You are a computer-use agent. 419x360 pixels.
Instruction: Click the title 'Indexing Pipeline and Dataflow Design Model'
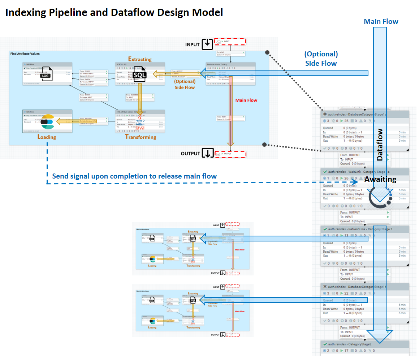click(x=114, y=13)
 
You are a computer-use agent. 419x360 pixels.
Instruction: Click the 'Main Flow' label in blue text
click(x=381, y=22)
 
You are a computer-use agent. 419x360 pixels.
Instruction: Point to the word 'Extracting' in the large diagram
click(x=140, y=59)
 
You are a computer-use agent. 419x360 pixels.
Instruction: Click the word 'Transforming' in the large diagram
click(x=141, y=137)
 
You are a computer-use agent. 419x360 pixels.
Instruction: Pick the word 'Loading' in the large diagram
click(x=47, y=137)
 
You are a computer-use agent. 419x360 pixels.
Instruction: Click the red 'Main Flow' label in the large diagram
click(x=246, y=100)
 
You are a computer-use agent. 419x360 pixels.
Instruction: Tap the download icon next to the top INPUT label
click(x=207, y=44)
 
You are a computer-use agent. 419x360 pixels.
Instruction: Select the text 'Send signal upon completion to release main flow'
click(x=134, y=176)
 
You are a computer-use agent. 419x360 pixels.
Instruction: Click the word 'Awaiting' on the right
click(x=380, y=180)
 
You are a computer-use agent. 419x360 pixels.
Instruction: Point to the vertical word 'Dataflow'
click(x=380, y=144)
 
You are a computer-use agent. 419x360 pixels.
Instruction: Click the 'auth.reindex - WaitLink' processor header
click(x=365, y=172)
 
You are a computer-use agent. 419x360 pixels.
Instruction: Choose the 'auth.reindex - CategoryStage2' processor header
click(x=365, y=344)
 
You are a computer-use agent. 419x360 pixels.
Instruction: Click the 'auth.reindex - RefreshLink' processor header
click(x=365, y=229)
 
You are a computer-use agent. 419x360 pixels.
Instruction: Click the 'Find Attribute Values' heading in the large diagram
click(x=25, y=54)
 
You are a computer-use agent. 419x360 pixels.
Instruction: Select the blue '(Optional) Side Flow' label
click(x=321, y=59)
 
